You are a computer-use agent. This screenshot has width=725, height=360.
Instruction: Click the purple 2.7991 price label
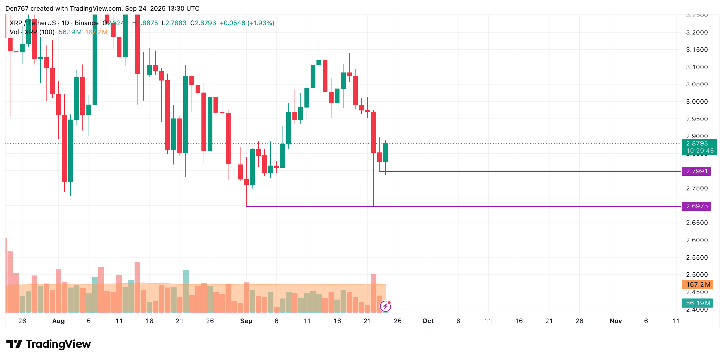[696, 171]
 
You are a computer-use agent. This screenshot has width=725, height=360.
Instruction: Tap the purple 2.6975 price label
[696, 206]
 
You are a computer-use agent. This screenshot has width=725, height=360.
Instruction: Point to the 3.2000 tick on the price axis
[697, 32]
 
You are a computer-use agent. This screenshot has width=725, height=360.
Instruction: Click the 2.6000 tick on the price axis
[697, 240]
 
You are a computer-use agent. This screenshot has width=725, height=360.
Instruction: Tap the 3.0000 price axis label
[697, 102]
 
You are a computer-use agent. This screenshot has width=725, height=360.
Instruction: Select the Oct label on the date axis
[428, 321]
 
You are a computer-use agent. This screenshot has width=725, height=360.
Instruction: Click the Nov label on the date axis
[616, 321]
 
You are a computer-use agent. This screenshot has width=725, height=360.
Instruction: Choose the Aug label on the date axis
[59, 321]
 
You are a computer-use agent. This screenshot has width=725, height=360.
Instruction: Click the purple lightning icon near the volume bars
[385, 306]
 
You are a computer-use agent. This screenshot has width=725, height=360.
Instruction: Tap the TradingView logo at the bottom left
[48, 344]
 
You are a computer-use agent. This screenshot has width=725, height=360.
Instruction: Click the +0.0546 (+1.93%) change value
[247, 23]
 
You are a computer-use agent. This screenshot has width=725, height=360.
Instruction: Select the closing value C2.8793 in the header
[203, 23]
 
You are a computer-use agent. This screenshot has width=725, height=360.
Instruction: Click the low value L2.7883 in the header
[174, 23]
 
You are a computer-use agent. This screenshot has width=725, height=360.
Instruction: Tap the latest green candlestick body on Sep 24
[385, 153]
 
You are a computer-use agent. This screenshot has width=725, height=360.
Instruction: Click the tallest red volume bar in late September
[373, 293]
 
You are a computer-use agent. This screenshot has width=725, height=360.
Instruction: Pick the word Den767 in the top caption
[17, 9]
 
